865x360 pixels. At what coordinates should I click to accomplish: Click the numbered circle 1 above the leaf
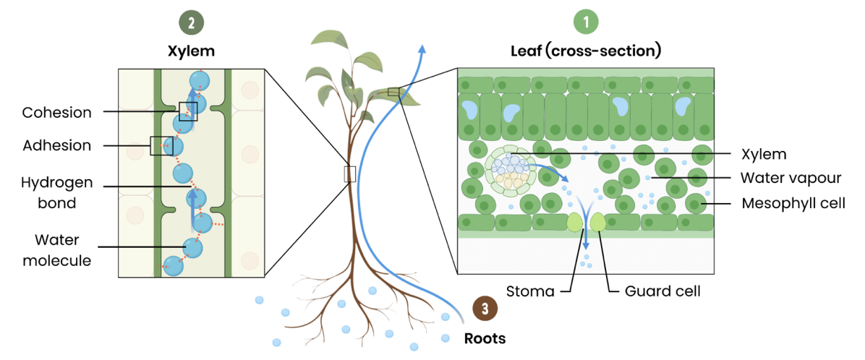click(x=587, y=22)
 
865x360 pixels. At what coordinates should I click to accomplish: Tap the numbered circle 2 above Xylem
click(x=191, y=22)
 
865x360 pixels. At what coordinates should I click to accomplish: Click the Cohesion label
click(x=57, y=113)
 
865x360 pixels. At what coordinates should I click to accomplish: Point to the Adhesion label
click(x=57, y=145)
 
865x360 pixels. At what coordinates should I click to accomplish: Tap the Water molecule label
click(x=57, y=249)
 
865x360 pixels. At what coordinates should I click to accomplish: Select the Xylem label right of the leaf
click(x=763, y=153)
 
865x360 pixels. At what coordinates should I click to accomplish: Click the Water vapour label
click(x=790, y=177)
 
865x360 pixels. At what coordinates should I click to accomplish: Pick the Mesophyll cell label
click(x=793, y=203)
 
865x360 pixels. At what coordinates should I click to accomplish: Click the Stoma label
click(x=531, y=292)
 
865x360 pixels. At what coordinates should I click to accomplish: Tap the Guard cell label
click(x=663, y=292)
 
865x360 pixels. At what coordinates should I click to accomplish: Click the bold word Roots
click(x=485, y=338)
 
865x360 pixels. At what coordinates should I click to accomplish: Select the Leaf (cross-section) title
click(x=586, y=51)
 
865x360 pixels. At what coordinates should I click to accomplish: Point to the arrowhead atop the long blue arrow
click(x=422, y=48)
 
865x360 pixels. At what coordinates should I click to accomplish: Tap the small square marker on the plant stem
click(x=350, y=173)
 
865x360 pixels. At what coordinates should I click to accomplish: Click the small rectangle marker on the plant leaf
click(x=393, y=91)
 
